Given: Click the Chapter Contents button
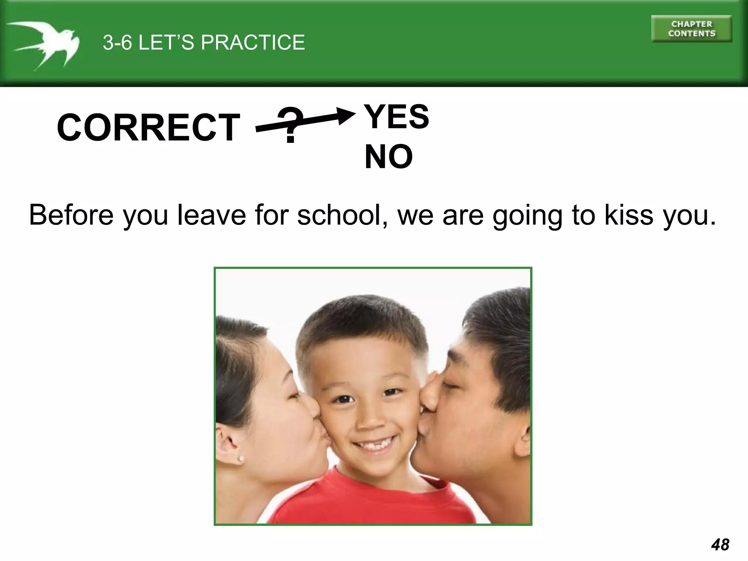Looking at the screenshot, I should pyautogui.click(x=691, y=29).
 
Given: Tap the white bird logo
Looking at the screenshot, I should pyautogui.click(x=44, y=44).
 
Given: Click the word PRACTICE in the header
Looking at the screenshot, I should pyautogui.click(x=253, y=42).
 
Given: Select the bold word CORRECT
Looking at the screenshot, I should pyautogui.click(x=148, y=127).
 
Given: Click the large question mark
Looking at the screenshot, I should pyautogui.click(x=290, y=125).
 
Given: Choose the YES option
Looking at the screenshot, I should pyautogui.click(x=397, y=117).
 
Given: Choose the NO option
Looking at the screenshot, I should pyautogui.click(x=389, y=157).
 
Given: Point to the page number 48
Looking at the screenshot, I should pyautogui.click(x=720, y=545).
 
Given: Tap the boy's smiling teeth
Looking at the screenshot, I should pyautogui.click(x=372, y=444).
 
